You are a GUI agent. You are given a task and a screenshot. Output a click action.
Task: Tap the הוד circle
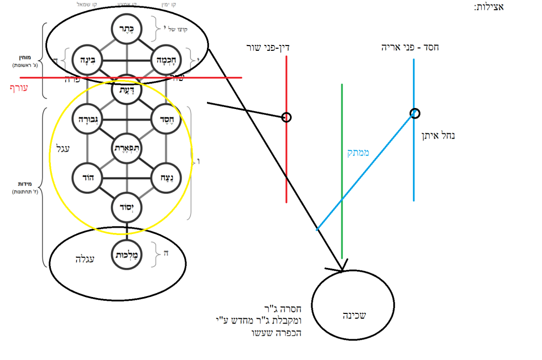(x=87, y=177)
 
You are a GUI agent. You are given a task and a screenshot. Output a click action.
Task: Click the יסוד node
(x=127, y=206)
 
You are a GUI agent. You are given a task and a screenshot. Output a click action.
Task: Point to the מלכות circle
(x=127, y=255)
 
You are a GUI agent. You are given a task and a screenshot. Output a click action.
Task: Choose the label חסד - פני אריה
(x=410, y=48)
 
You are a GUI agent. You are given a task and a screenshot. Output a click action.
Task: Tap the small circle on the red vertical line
(x=286, y=117)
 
